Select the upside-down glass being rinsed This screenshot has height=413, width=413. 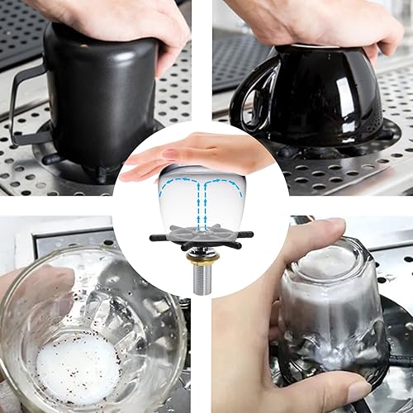326,314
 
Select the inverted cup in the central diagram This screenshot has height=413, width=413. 198,194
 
